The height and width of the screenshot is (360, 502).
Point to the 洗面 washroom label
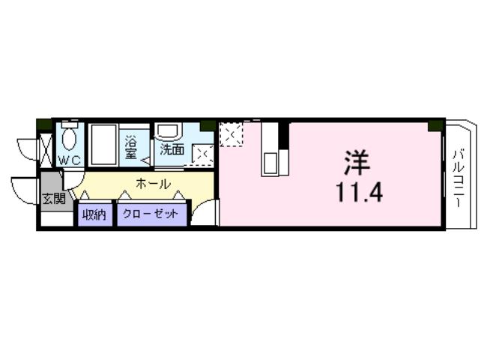point(172,148)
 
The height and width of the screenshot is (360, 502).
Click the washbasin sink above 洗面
point(166,131)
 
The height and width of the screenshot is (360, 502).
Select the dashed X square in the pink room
point(231,136)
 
